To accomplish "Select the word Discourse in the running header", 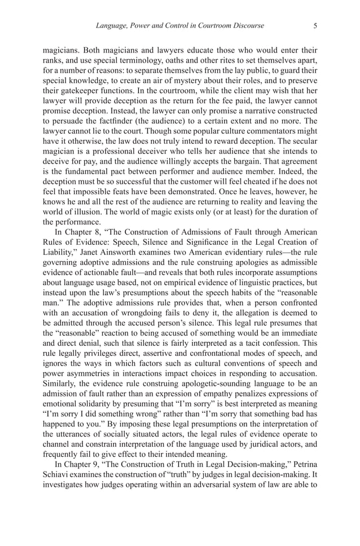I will tap(245, 25).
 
